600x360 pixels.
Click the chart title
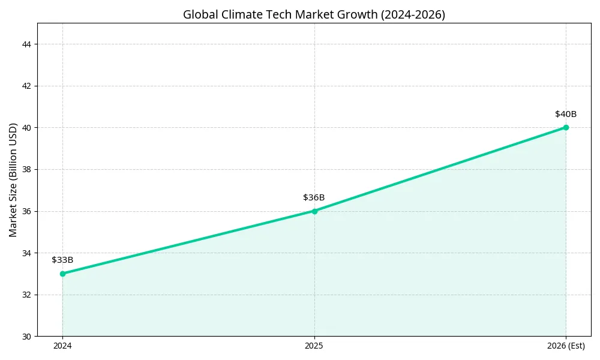click(314, 14)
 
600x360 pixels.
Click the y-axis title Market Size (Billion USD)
click(13, 179)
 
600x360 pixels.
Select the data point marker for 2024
click(62, 274)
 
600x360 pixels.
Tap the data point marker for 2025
click(314, 211)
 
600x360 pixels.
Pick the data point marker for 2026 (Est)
click(566, 127)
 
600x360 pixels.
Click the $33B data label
click(62, 260)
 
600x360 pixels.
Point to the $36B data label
click(314, 197)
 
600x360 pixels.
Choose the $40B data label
click(566, 114)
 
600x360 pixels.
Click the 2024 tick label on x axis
click(62, 346)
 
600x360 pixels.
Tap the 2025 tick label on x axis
click(314, 346)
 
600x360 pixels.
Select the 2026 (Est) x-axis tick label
click(566, 346)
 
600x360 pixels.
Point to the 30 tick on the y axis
click(28, 337)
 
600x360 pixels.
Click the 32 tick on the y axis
click(28, 295)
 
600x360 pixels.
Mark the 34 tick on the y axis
click(28, 253)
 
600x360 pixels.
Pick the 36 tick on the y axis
click(28, 211)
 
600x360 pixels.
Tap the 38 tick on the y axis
click(28, 169)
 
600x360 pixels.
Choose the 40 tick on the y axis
click(28, 128)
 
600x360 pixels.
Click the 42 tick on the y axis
click(28, 86)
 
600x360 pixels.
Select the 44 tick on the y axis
click(28, 44)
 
